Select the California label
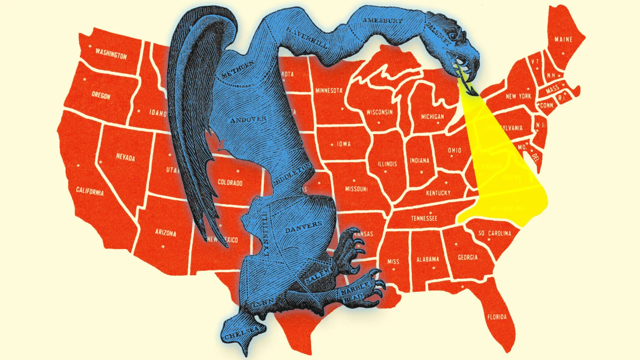[x=90, y=190]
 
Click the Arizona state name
[x=165, y=233]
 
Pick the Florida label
[x=497, y=317]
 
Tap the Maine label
[x=563, y=39]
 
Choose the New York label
[x=518, y=96]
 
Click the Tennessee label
[x=424, y=218]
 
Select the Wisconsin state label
[x=379, y=112]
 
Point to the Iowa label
[x=343, y=143]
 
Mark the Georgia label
[x=467, y=257]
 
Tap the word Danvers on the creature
[x=304, y=227]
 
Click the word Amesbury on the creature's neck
[x=383, y=20]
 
